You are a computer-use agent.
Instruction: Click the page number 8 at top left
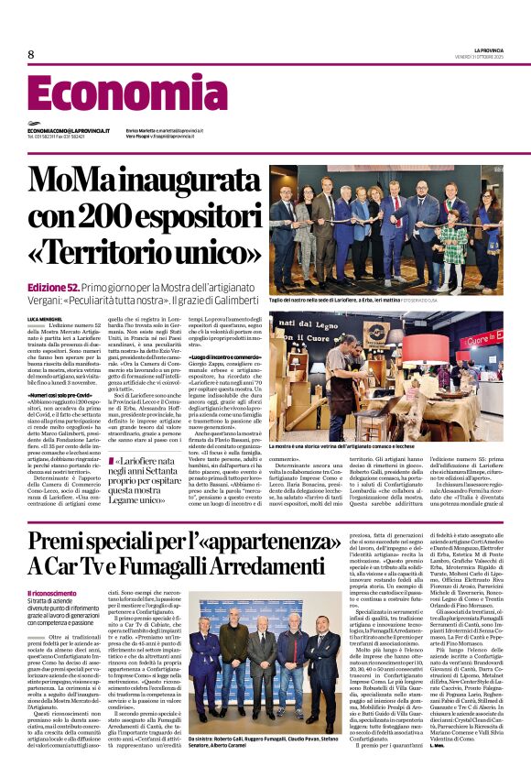[x=30, y=55]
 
